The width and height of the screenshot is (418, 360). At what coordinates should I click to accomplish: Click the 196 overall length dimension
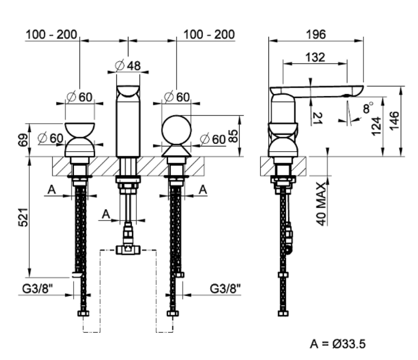tap(316, 34)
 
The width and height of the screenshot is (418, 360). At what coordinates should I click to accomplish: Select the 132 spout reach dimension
tap(315, 57)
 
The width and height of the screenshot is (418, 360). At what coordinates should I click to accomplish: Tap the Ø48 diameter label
tap(128, 66)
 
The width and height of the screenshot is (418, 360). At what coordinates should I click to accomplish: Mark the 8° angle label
tap(368, 108)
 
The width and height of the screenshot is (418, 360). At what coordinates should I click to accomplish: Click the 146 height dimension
tap(394, 120)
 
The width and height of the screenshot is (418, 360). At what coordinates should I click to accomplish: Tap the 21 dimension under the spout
tap(318, 118)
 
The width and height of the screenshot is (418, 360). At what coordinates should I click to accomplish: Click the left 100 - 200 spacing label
tap(51, 34)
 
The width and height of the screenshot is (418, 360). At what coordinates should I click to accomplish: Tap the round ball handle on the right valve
tap(176, 129)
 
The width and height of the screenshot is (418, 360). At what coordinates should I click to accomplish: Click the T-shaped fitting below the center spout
tap(128, 249)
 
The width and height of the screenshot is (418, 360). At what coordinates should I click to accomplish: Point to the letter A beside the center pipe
tap(106, 214)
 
